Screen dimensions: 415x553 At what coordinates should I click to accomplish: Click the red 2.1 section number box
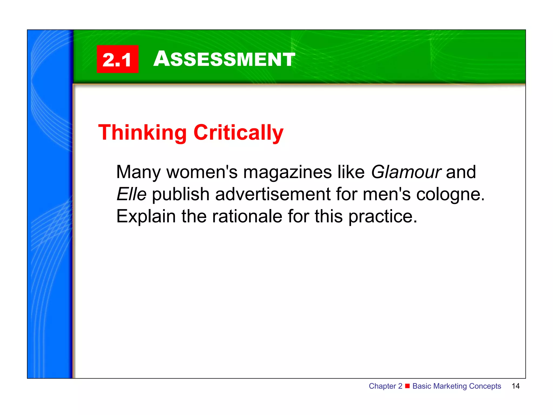(117, 59)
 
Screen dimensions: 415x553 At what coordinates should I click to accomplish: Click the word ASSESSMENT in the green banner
(224, 59)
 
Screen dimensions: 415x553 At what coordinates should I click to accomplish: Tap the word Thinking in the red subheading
(142, 132)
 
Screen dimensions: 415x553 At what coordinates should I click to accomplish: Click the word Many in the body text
(138, 172)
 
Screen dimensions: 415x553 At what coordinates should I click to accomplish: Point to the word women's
(202, 172)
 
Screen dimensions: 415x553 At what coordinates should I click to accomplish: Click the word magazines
(287, 172)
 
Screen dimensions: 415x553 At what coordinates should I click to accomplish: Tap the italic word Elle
(131, 194)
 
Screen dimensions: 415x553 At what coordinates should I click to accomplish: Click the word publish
(181, 194)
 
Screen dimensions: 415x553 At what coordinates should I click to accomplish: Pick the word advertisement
(273, 194)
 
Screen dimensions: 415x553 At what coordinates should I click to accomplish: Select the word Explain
(146, 216)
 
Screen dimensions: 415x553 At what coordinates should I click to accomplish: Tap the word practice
(383, 216)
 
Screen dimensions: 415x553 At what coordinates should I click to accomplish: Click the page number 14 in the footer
(515, 386)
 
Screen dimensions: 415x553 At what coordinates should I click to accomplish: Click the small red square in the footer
(407, 386)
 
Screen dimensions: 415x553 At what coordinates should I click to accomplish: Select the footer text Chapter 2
(385, 386)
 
